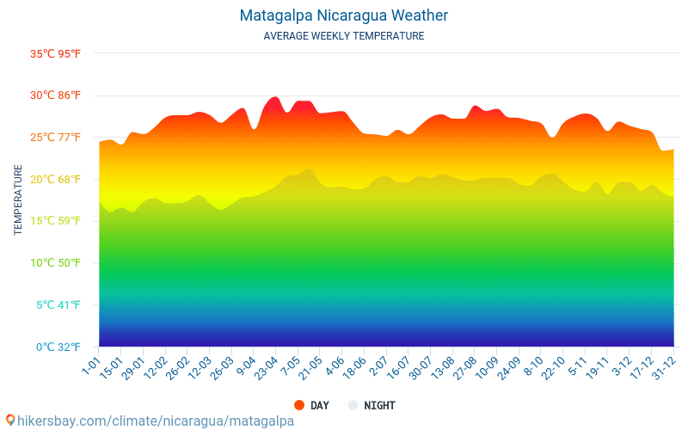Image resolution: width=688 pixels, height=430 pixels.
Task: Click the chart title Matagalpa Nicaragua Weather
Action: (x=343, y=15)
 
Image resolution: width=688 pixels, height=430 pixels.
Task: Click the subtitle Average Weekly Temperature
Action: (x=343, y=36)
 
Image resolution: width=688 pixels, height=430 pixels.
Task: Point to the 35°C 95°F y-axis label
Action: (x=55, y=54)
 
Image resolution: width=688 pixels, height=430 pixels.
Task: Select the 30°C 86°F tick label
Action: (x=55, y=95)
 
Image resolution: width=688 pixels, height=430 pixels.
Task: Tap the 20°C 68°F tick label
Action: (x=55, y=180)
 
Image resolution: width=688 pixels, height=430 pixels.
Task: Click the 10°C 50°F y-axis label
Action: (x=55, y=263)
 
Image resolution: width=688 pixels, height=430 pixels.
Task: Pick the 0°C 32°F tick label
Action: (x=58, y=347)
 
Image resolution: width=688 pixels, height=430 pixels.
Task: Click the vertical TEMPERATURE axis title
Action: (x=18, y=200)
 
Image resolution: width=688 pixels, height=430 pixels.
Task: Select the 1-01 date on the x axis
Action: (x=92, y=365)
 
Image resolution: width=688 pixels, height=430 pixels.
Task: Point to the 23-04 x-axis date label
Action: (x=267, y=368)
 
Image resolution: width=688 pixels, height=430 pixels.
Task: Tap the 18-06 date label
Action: (x=354, y=368)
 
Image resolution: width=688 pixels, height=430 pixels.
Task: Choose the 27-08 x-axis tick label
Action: (x=465, y=368)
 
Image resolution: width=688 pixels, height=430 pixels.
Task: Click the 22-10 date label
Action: (x=553, y=368)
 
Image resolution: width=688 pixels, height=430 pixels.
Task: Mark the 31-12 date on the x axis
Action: (x=664, y=368)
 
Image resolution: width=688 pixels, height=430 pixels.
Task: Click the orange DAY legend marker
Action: (x=299, y=405)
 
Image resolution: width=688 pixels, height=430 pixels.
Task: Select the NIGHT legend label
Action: (x=379, y=406)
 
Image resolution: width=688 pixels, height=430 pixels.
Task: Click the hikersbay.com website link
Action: (x=156, y=421)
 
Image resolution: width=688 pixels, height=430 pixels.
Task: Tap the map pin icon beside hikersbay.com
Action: (x=10, y=421)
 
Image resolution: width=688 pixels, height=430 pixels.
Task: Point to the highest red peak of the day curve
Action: (x=275, y=97)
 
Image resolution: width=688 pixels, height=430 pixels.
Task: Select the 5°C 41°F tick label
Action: (x=58, y=305)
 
